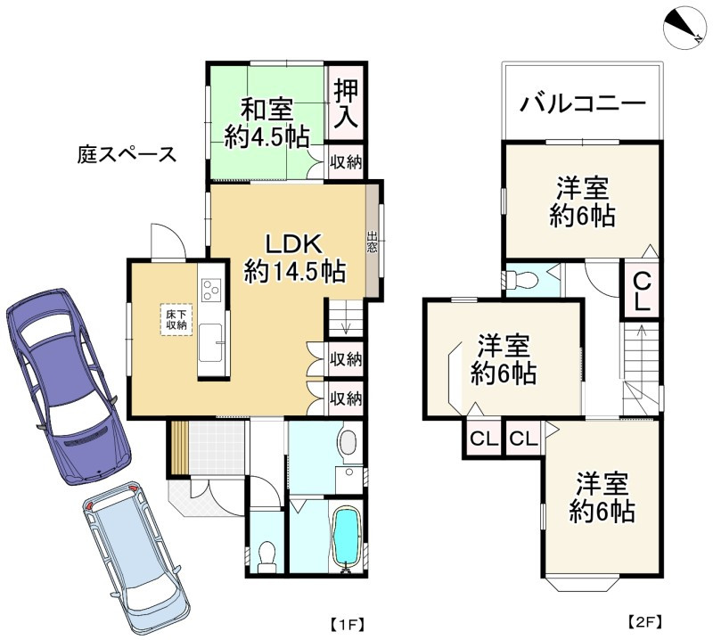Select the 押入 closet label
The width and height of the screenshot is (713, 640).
[346, 105]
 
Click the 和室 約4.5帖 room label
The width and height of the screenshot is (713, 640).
[267, 123]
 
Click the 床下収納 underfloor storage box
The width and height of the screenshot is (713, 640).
[176, 320]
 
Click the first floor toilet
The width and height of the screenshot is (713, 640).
[266, 556]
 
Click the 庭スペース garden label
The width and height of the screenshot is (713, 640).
[125, 153]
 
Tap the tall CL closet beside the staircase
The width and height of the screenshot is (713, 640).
[641, 289]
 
